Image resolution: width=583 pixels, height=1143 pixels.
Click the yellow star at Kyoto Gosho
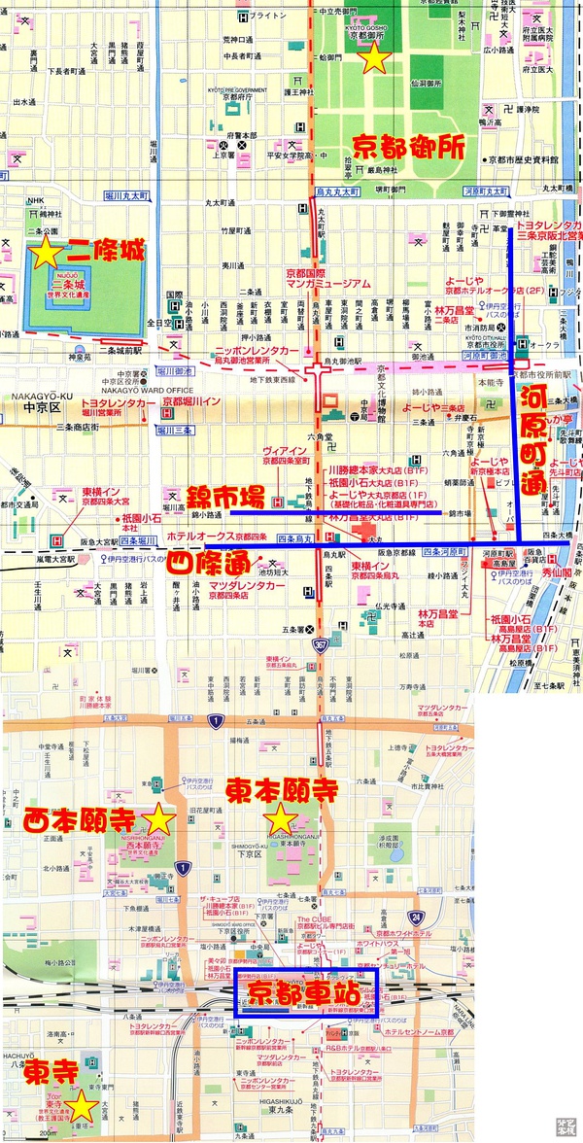click(x=376, y=59)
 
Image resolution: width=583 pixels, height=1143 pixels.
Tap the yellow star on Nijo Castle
click(x=44, y=256)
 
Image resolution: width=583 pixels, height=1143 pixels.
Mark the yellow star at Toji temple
click(x=84, y=1107)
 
